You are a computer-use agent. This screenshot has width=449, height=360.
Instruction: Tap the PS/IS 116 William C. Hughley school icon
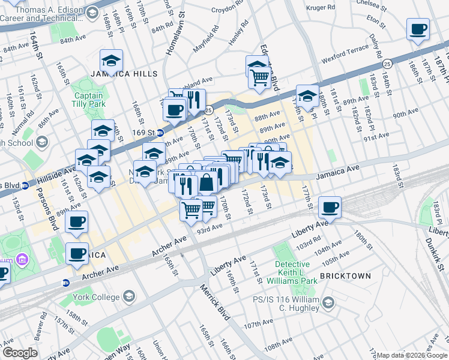(328, 304)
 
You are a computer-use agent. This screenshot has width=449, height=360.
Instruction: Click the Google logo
(20, 353)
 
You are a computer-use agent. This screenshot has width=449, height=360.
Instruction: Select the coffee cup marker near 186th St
(418, 29)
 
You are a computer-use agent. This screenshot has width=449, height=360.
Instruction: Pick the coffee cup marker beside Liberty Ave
(330, 208)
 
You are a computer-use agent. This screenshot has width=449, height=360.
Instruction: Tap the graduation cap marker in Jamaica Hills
(111, 61)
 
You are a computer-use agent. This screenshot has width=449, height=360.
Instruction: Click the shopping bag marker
(206, 183)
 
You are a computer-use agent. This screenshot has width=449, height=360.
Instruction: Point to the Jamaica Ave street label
(337, 172)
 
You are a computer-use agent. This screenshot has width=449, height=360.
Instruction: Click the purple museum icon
(22, 260)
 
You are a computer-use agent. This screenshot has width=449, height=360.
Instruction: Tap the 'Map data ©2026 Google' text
(412, 355)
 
